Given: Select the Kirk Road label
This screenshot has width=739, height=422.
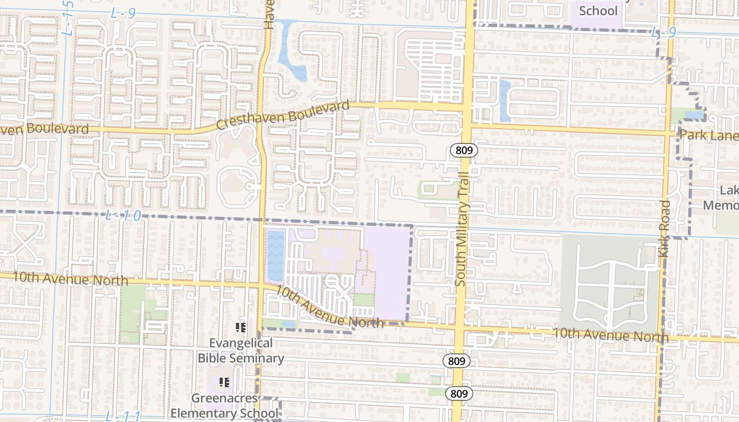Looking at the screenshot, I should tap(665, 228).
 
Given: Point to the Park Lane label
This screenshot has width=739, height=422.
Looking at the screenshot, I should tap(708, 136).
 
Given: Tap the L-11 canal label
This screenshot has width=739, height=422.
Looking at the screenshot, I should tap(122, 416).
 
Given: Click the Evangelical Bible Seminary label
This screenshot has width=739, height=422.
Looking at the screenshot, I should tap(241, 351).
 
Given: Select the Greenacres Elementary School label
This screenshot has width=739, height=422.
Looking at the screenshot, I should tap(224, 406).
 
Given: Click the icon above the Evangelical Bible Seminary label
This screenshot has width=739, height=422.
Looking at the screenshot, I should tap(241, 328).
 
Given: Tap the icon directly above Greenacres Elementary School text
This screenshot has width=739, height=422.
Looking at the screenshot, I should tap(224, 382).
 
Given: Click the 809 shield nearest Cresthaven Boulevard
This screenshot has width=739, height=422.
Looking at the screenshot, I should tap(464, 151).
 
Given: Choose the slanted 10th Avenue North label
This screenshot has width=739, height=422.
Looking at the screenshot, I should tap(329, 306).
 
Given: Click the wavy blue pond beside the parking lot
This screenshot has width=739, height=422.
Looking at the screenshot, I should tap(276, 255).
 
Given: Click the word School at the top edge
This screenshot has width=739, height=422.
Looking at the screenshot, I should tap(598, 11).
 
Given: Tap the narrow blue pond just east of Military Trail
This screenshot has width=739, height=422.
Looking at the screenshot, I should tap(505, 100).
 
